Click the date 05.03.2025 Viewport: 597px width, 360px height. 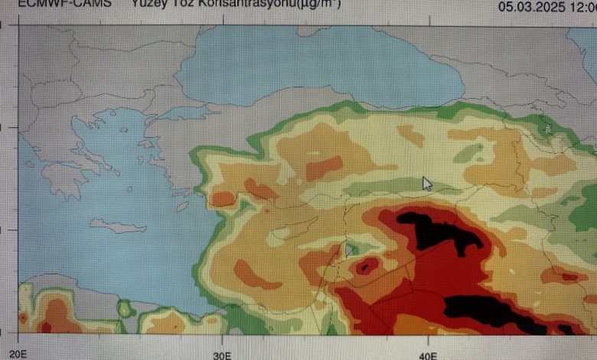[x=530, y=7]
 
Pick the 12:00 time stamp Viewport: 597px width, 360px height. [x=582, y=7]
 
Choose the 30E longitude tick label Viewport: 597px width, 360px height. [x=222, y=354]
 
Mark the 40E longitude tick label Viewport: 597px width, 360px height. [x=429, y=354]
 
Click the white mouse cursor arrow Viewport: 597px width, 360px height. [x=426, y=183]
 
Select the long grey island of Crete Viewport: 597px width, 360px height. [x=118, y=226]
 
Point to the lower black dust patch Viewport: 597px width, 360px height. [x=490, y=312]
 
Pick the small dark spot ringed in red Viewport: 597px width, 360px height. [x=367, y=267]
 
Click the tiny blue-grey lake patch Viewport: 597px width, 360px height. [x=349, y=249]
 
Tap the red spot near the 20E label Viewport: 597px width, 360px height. [x=23, y=316]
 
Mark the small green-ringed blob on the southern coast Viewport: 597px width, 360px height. [x=125, y=309]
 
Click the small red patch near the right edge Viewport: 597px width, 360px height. [x=571, y=277]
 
